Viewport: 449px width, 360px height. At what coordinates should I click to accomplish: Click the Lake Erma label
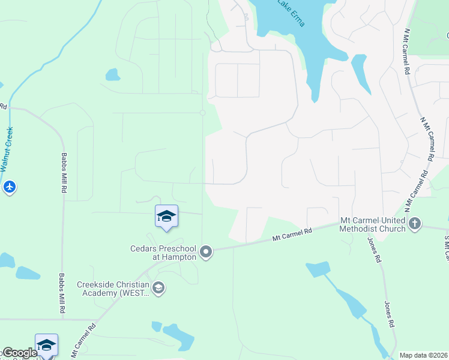point(291,13)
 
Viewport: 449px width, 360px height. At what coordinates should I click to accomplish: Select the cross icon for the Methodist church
point(415,224)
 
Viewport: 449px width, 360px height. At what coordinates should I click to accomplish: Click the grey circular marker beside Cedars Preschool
point(206,252)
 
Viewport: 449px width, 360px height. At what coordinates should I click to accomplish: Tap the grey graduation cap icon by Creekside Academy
point(158,289)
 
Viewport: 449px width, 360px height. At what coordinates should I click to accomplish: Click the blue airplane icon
point(9,188)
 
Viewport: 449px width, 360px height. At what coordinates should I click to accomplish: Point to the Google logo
point(19,353)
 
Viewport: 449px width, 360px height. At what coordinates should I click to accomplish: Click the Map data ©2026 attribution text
point(423,355)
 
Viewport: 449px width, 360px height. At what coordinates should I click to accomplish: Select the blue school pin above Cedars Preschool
point(166,217)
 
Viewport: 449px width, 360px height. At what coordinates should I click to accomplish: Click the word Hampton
point(180,257)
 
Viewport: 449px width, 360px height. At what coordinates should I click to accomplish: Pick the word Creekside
point(96,284)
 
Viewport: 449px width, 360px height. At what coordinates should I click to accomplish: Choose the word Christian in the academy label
point(134,284)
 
